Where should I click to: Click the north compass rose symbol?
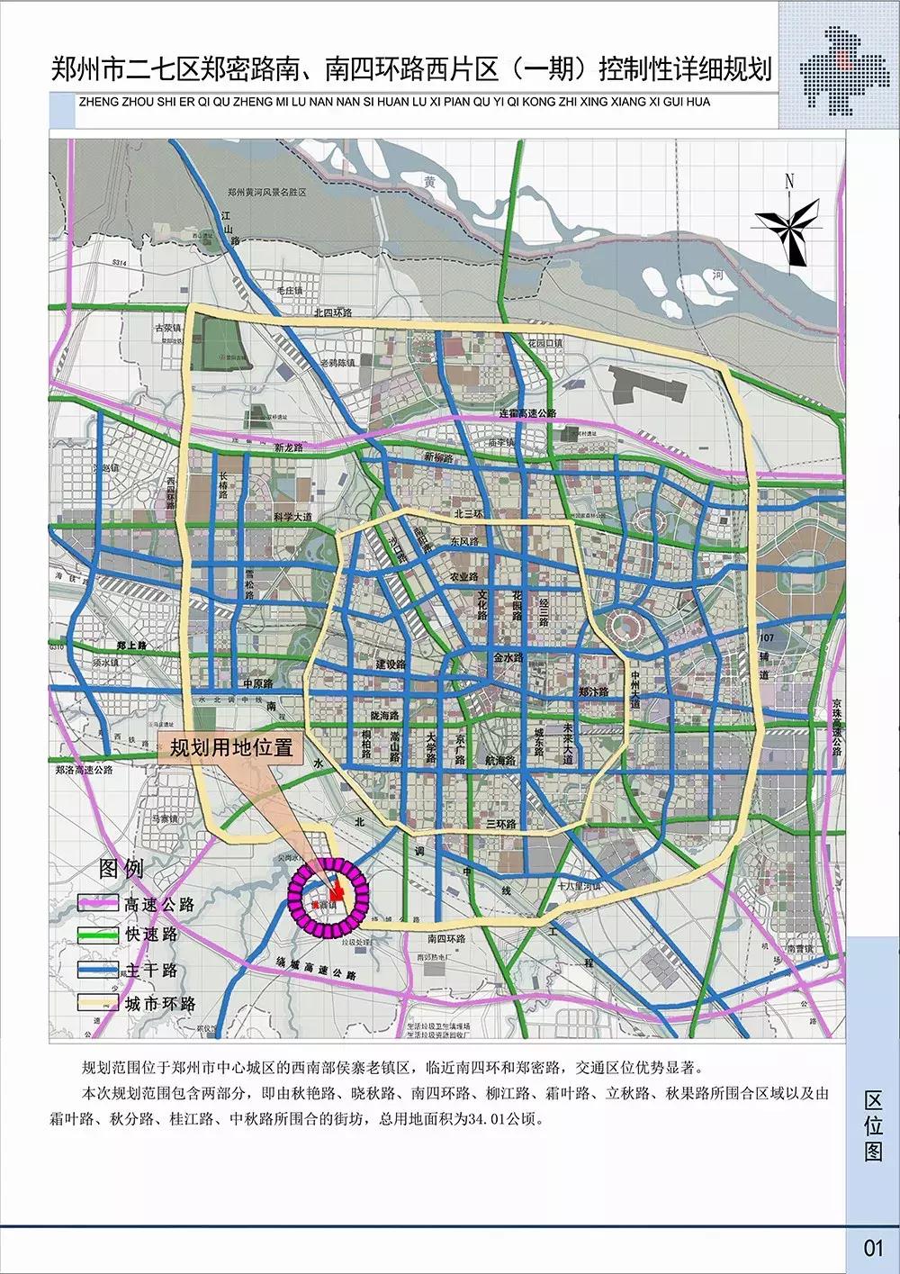tap(788, 222)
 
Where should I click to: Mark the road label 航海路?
tap(499, 760)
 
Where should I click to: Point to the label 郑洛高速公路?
tap(84, 770)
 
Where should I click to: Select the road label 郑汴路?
tap(594, 691)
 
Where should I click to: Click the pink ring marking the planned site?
tap(328, 893)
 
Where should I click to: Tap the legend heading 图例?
tap(121, 869)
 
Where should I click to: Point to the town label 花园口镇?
tap(545, 343)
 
